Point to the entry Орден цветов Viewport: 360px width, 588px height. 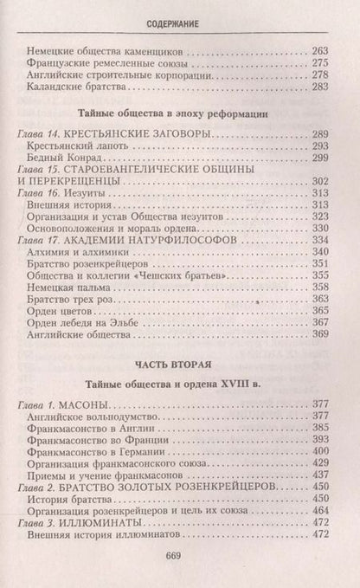point(67,309)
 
